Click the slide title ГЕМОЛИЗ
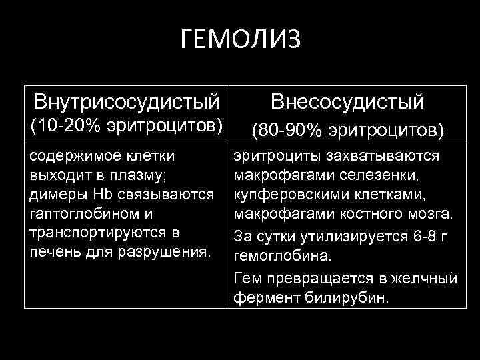[241, 39]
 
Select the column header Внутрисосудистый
[127, 103]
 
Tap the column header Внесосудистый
[347, 103]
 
